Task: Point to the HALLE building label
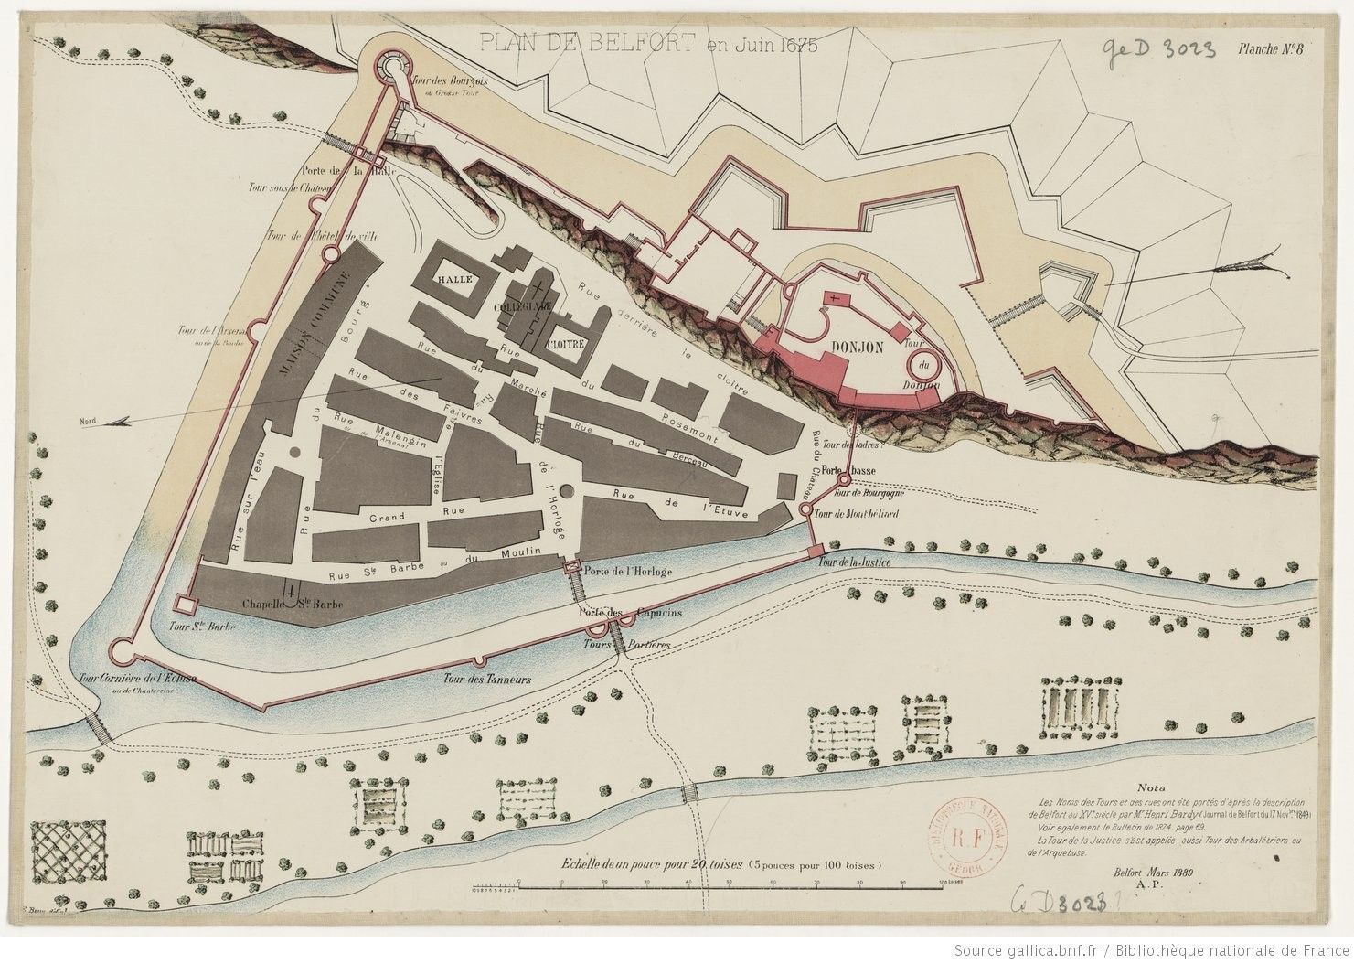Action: coord(453,280)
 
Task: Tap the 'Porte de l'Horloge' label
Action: coord(627,572)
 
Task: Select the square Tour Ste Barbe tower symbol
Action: coord(186,605)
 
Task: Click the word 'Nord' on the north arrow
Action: coord(89,422)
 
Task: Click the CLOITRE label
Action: coord(569,346)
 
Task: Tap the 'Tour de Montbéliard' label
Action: coord(855,514)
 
